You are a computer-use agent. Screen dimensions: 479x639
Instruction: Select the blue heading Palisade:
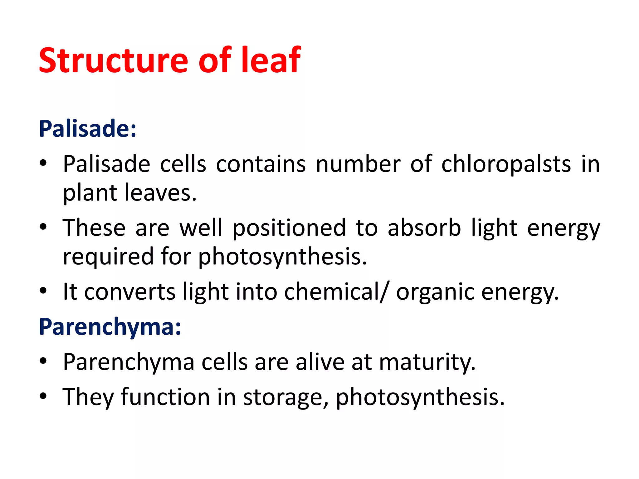[x=88, y=128]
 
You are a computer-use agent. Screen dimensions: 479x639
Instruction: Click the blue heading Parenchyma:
[x=110, y=327]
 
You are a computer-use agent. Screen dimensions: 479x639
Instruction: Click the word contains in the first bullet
[x=261, y=164]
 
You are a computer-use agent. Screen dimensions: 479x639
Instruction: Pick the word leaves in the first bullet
[x=160, y=193]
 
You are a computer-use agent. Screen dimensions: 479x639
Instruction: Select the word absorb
[x=424, y=228]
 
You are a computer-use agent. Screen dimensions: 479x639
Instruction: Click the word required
[x=108, y=256]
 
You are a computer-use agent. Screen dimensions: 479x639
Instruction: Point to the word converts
[x=130, y=292]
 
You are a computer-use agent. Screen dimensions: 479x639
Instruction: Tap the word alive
[x=320, y=362]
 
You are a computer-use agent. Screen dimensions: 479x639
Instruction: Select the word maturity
[x=427, y=362]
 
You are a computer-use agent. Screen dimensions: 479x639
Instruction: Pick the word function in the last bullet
[x=165, y=397]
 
